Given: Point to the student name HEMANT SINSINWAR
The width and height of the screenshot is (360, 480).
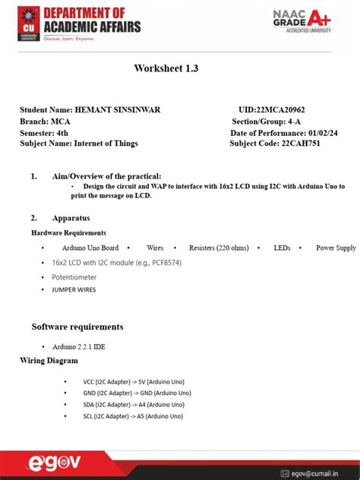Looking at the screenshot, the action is [x=118, y=111].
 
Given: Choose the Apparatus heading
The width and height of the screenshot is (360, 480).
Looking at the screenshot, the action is [x=71, y=218].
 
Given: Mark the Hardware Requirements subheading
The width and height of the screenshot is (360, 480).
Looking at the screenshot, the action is [x=68, y=232].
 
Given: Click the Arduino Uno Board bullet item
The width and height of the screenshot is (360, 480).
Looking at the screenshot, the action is [x=90, y=248].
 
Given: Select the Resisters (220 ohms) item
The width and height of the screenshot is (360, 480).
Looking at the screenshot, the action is [x=213, y=248].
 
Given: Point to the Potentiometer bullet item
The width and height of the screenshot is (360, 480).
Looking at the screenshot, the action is [x=74, y=277].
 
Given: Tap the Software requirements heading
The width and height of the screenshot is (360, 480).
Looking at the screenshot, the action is [x=77, y=327].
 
